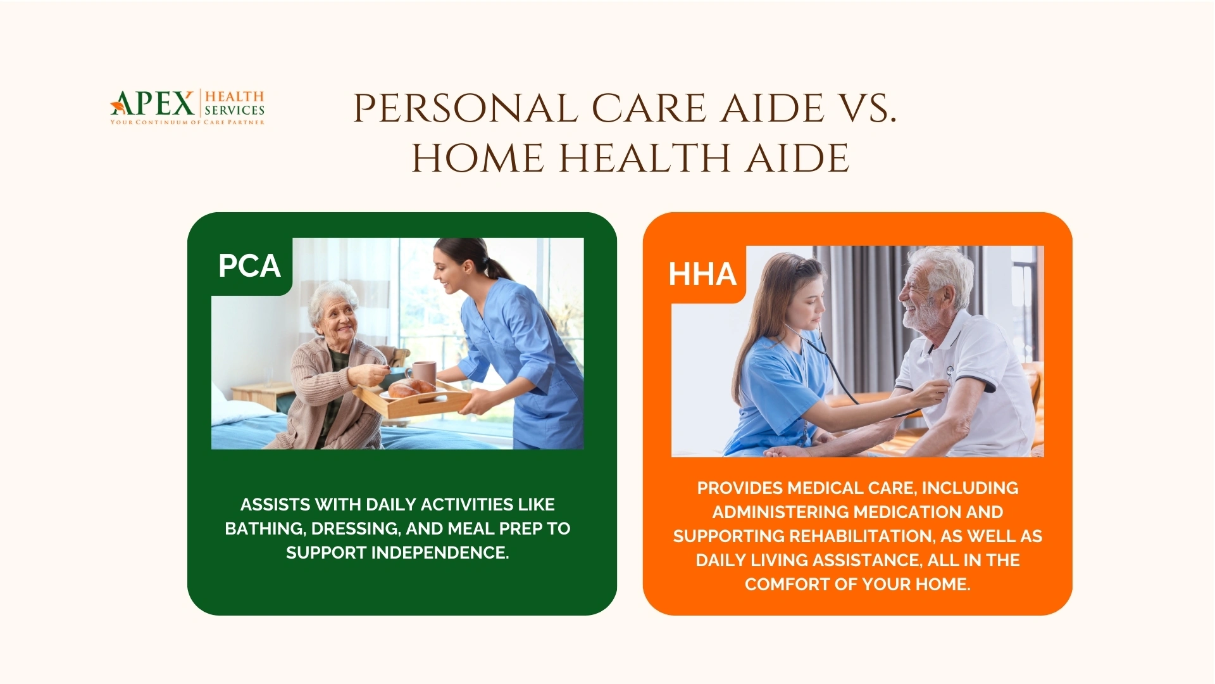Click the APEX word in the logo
pyautogui.click(x=154, y=103)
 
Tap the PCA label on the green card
pyautogui.click(x=249, y=266)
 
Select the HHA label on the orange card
pyautogui.click(x=702, y=274)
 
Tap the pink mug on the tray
pyautogui.click(x=423, y=373)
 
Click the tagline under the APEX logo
pyautogui.click(x=187, y=122)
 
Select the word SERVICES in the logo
pyautogui.click(x=234, y=110)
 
